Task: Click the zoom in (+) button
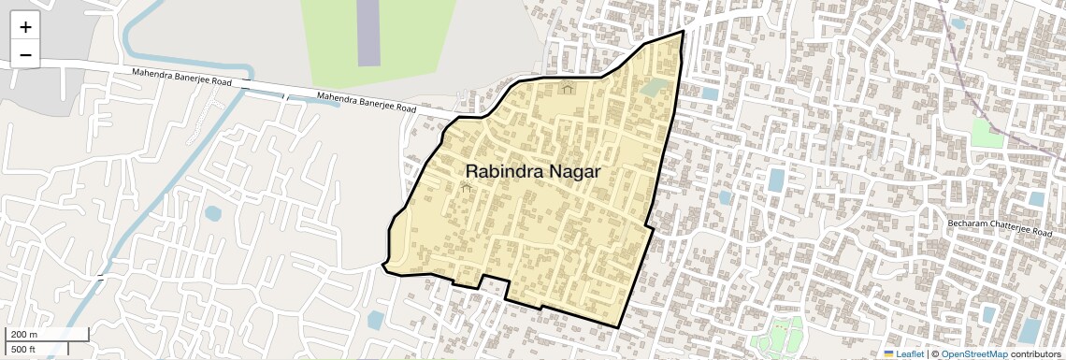point(25,27)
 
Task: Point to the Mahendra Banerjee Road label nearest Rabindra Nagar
point(367,102)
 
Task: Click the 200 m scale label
point(22,335)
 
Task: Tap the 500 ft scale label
point(22,350)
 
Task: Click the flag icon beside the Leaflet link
point(888,353)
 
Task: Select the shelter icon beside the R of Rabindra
point(466,187)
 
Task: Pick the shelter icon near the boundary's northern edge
point(567,88)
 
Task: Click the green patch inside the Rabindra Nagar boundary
point(655,88)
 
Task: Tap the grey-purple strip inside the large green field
point(369,33)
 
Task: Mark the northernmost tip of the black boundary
point(683,31)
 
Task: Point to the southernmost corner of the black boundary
point(618,327)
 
